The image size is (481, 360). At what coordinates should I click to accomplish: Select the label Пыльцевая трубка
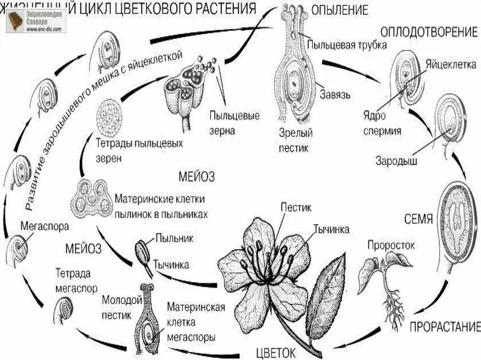tap(347, 46)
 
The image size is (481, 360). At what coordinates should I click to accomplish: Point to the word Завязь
tap(335, 94)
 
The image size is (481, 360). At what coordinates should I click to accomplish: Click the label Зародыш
tap(396, 161)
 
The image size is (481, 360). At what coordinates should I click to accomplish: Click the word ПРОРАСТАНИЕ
tap(445, 327)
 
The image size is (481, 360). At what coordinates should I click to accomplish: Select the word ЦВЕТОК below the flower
tap(276, 352)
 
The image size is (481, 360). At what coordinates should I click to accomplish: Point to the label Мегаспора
tap(45, 226)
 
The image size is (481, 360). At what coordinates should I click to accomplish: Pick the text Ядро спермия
tap(382, 123)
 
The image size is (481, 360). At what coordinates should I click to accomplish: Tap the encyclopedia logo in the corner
tap(36, 21)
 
